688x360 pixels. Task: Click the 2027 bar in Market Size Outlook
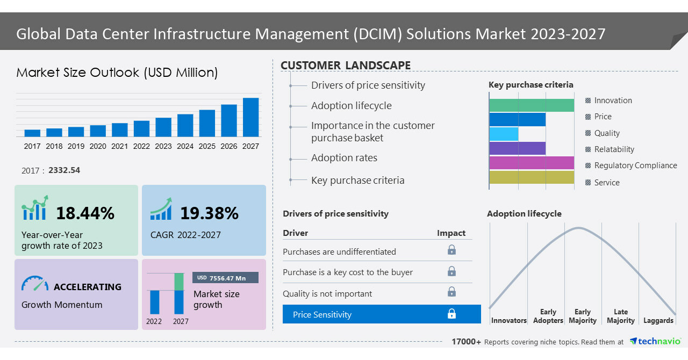(x=250, y=117)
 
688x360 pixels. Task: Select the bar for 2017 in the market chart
(x=32, y=133)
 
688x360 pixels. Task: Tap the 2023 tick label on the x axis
(x=163, y=146)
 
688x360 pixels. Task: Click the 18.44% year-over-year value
(x=85, y=213)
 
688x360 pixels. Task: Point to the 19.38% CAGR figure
(x=209, y=213)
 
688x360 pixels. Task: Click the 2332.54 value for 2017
(x=64, y=170)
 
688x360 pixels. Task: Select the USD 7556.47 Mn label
(x=225, y=278)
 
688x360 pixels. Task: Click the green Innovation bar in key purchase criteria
(x=532, y=105)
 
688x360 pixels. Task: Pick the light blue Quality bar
(x=504, y=134)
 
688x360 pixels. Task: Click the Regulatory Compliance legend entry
(x=635, y=165)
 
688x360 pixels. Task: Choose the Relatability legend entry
(x=614, y=149)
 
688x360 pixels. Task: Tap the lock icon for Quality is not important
(x=451, y=292)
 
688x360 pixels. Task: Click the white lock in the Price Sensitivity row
(x=451, y=314)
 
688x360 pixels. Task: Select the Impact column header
(x=451, y=233)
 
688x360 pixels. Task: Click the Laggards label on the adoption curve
(x=658, y=321)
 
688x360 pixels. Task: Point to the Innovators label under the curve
(x=508, y=321)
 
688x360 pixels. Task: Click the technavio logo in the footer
(x=655, y=341)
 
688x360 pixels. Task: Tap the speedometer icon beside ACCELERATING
(x=35, y=284)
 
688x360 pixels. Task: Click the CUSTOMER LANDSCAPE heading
(x=346, y=66)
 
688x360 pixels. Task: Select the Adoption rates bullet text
(x=344, y=158)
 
